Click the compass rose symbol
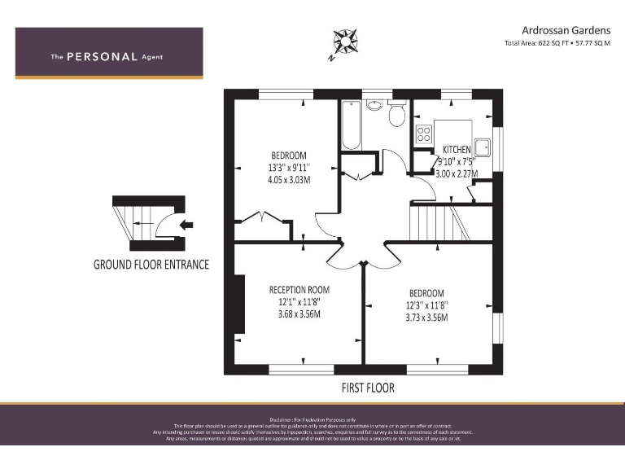[x=345, y=42]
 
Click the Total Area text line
[x=557, y=43]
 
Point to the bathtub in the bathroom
[x=351, y=125]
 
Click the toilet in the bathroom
[x=397, y=115]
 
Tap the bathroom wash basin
[x=375, y=104]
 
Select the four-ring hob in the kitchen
[x=424, y=134]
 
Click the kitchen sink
[x=484, y=147]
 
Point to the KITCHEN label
[x=457, y=149]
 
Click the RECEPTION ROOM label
[x=299, y=289]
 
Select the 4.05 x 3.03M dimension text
[x=289, y=180]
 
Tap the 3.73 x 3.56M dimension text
[x=426, y=318]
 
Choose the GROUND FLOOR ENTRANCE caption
[x=151, y=265]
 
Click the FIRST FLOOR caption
[x=368, y=388]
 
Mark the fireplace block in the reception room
[x=239, y=304]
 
